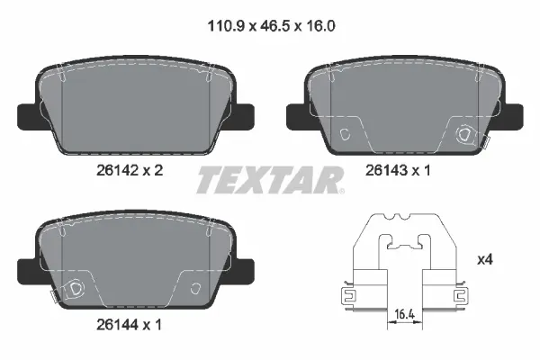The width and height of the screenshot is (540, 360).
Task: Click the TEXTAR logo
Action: pos(270,179)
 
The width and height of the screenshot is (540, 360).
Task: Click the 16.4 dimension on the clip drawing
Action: pos(403,315)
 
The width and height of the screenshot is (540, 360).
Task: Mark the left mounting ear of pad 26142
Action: pos(29,114)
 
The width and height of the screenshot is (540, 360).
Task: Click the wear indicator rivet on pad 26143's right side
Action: pos(465,134)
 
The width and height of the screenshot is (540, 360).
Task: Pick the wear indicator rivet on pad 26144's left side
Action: pos(76,289)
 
